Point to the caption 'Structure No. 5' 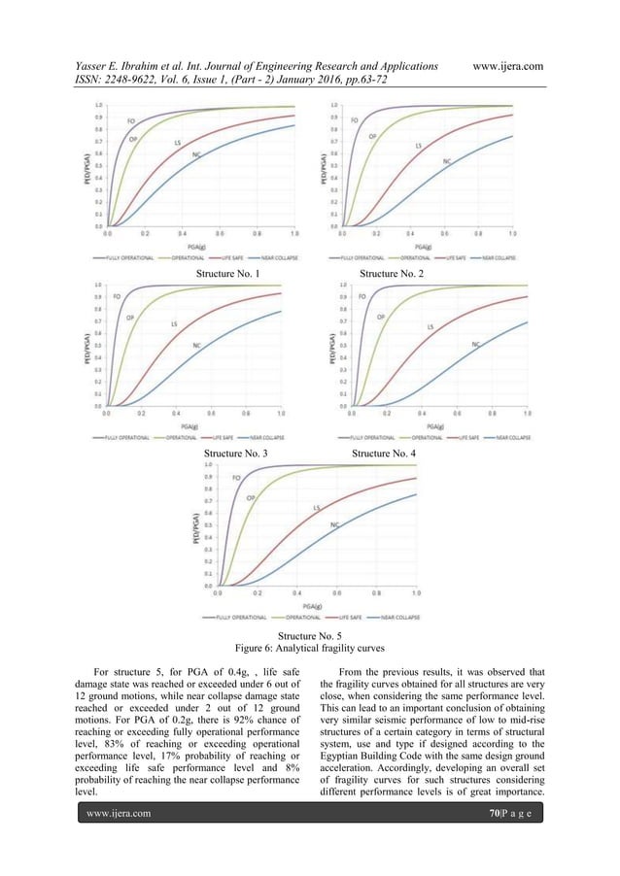click(310, 634)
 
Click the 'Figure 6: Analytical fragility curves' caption click(310, 646)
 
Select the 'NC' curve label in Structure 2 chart click(446, 161)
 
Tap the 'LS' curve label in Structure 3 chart click(174, 323)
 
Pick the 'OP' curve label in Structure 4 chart click(381, 317)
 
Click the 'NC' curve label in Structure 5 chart click(335, 525)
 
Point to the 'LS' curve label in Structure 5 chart click(316, 508)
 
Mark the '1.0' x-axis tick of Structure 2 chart click(512, 234)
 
